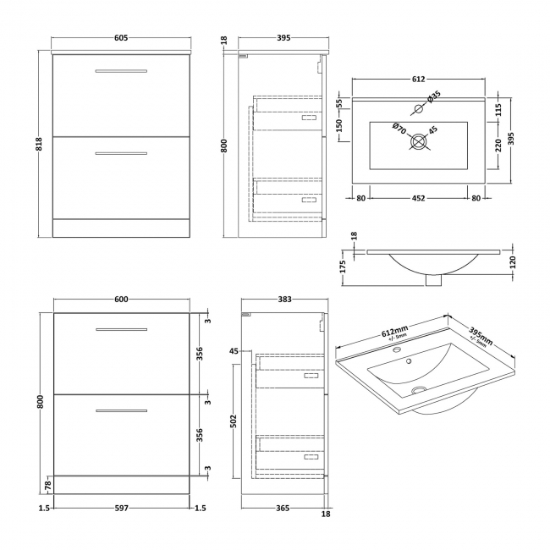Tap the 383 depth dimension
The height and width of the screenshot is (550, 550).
pos(285,299)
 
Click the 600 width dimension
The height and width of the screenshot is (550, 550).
pos(120,299)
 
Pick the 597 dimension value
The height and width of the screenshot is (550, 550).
pos(120,508)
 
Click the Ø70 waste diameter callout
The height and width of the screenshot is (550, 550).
pos(399,128)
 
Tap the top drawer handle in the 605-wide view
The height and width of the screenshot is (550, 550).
pos(120,70)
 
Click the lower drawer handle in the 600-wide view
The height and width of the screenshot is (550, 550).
pos(120,411)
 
